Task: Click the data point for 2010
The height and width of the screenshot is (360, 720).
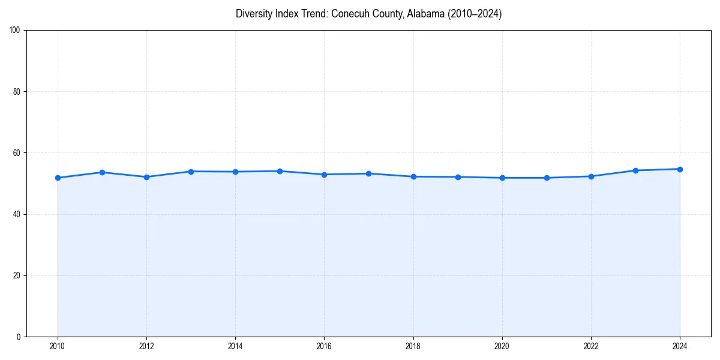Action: (58, 178)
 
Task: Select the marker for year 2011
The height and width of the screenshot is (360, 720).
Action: (102, 172)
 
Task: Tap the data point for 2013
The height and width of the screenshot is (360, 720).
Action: (191, 172)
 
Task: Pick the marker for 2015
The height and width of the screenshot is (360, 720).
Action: (280, 171)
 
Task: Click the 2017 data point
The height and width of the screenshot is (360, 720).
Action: (368, 173)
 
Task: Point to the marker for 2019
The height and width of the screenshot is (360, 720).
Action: (458, 177)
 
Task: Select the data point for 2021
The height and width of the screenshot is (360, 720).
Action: (547, 178)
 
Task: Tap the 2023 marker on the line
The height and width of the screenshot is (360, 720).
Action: (635, 170)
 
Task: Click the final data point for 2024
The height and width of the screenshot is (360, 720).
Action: (680, 169)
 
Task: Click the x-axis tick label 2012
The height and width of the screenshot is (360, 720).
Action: (146, 346)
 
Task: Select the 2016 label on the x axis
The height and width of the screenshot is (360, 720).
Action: (324, 346)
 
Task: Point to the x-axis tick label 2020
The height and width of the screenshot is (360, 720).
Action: (502, 346)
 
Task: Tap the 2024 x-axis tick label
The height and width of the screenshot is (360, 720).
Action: (680, 346)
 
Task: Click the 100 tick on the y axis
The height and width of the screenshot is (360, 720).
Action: (15, 31)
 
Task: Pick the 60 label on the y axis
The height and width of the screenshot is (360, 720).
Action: (17, 153)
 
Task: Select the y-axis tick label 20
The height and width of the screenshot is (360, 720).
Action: (17, 275)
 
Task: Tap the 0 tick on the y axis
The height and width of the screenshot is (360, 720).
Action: (19, 337)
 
